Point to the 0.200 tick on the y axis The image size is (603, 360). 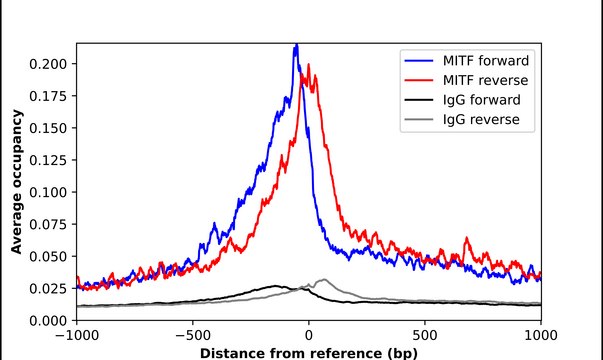coord(48,64)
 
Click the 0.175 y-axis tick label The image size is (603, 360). coord(48,96)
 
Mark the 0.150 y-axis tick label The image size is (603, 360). coord(48,128)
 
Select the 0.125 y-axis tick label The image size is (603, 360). coord(48,160)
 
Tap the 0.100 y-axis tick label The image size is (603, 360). coord(48,192)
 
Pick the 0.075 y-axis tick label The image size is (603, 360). coord(48,224)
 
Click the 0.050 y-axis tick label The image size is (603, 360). coord(48,256)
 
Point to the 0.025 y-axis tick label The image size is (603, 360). coord(48,288)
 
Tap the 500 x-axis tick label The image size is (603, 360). coord(425,336)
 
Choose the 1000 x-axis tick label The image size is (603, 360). coord(541,336)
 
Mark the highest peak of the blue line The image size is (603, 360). coord(296,45)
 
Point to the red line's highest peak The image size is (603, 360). coord(309,68)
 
